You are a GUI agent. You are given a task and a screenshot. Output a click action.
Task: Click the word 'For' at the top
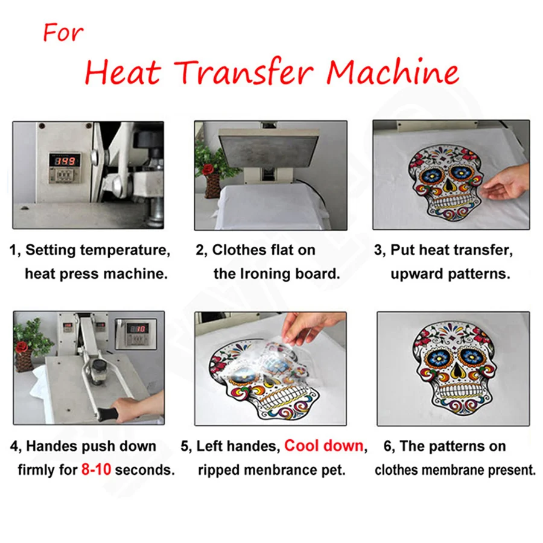[x=63, y=33]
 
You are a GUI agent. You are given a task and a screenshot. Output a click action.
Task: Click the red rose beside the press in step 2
[x=211, y=170]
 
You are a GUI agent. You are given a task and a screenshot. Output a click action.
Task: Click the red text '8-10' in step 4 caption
[x=96, y=469]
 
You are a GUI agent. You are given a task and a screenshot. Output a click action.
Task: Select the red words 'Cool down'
[x=324, y=446]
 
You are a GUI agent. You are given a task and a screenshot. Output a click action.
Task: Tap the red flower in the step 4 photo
[x=22, y=347]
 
